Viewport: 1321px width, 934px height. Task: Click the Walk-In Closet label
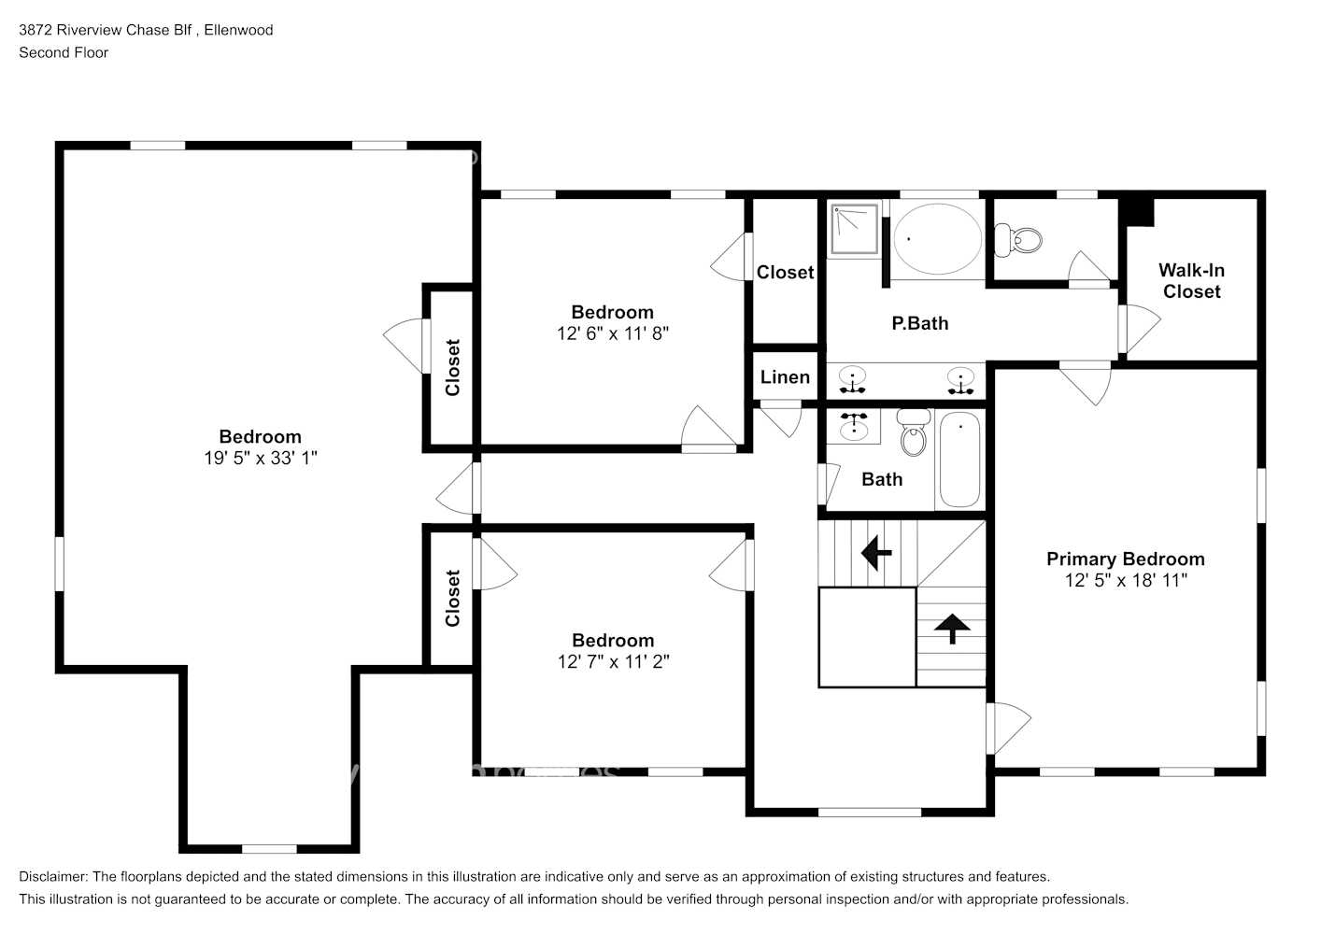(1191, 280)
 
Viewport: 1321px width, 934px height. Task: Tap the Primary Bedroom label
(1125, 559)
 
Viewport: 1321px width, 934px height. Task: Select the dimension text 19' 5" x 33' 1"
(260, 458)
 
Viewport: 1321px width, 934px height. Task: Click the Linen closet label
(785, 376)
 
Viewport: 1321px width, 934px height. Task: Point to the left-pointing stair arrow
(875, 553)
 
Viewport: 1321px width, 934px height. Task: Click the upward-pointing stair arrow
(951, 629)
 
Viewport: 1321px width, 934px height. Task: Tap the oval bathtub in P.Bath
(937, 239)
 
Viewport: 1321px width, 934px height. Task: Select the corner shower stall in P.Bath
(854, 229)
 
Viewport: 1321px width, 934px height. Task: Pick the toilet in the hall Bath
(914, 433)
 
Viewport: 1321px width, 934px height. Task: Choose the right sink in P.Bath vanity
(959, 380)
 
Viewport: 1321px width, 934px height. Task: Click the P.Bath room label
(919, 323)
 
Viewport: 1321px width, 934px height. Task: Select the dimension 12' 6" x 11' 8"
(613, 333)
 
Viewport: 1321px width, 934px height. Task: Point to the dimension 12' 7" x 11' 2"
(613, 661)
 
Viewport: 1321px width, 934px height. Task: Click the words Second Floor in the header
(64, 52)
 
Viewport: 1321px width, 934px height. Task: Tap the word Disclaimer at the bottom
(53, 877)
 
